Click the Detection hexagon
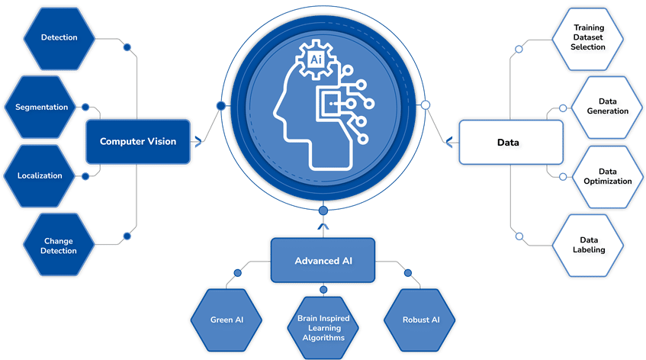click(59, 37)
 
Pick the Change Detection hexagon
click(59, 245)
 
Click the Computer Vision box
click(137, 141)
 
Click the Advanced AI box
click(324, 261)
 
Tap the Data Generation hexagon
click(603, 106)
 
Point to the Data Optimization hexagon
click(603, 175)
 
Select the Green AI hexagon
click(227, 320)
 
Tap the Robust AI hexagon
click(421, 320)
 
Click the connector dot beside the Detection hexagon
click(127, 47)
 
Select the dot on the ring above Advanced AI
click(323, 210)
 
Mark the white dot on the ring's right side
click(426, 105)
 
